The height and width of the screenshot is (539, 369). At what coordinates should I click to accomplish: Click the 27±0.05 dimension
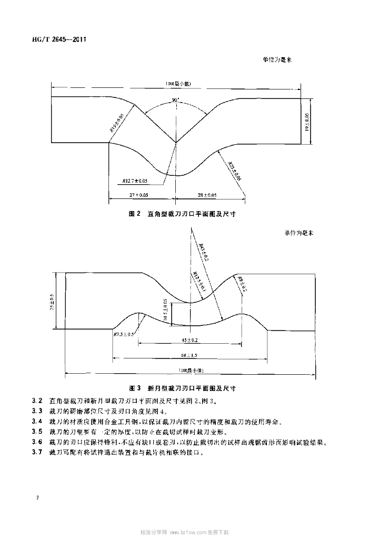139,195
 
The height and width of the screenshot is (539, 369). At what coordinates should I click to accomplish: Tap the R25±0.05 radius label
235,172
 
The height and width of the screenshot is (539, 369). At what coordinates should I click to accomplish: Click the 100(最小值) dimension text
178,84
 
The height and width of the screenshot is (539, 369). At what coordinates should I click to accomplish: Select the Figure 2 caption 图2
136,214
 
